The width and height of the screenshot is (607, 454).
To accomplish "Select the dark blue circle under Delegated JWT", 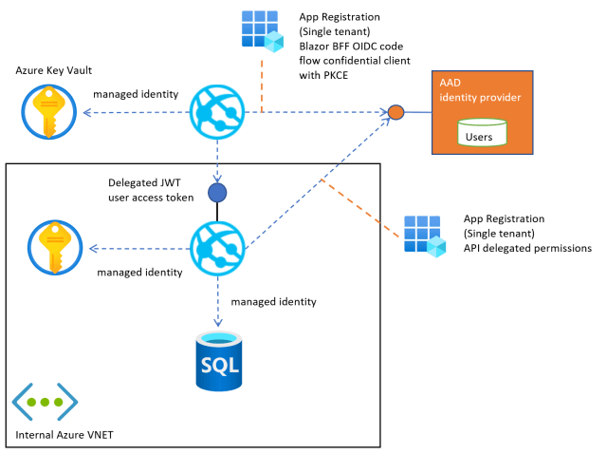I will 217,193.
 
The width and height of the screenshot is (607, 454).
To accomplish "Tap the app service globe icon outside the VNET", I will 218,114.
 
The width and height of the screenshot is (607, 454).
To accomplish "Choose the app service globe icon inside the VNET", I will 218,249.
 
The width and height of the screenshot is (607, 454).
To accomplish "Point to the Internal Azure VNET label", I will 66,437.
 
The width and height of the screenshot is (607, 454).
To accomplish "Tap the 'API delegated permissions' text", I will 527,248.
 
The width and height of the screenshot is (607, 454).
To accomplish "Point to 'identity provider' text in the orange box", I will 480,98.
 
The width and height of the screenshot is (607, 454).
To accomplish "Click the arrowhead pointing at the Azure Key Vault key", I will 83,114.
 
